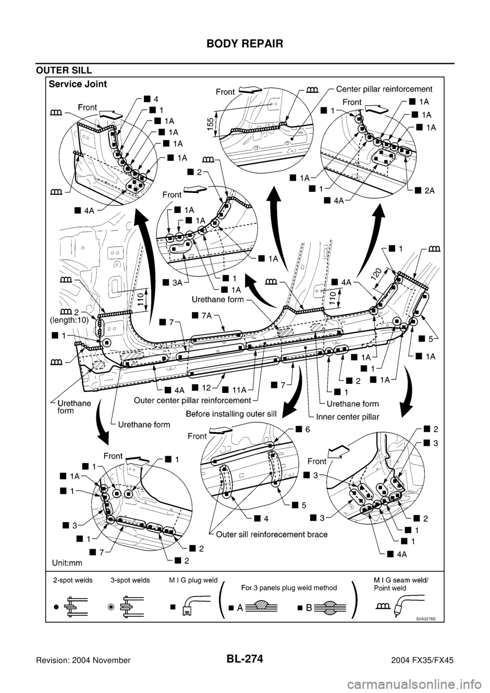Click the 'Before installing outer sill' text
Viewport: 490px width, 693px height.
click(231, 414)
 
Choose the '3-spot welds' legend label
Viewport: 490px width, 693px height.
click(130, 580)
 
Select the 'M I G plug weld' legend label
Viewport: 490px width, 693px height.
click(192, 580)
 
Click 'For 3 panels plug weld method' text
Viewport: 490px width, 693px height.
click(290, 587)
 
